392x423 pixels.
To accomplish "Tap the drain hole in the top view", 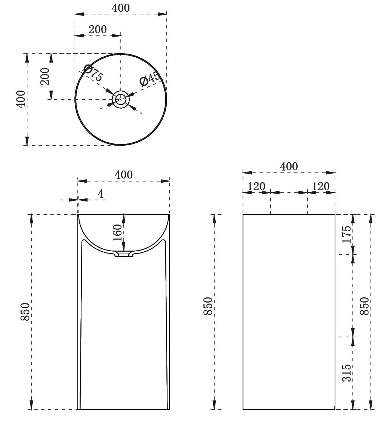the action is click(x=121, y=100).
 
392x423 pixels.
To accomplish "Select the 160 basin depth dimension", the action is click(x=117, y=232).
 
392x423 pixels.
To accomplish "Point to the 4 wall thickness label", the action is click(x=101, y=194).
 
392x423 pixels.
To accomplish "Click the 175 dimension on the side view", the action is click(x=347, y=234).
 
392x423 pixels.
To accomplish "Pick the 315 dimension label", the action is click(x=347, y=373).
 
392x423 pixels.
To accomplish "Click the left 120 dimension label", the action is click(x=256, y=186).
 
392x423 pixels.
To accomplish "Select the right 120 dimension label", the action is click(x=321, y=186).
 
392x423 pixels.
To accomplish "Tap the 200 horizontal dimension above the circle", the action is click(x=98, y=29).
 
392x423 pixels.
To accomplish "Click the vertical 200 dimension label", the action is click(x=45, y=76).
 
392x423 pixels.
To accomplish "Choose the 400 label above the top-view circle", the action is click(x=121, y=8).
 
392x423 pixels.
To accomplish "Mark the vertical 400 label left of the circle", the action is click(x=21, y=99).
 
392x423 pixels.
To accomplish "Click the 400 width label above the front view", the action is click(x=124, y=175).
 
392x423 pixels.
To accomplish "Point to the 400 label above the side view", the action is click(x=289, y=166).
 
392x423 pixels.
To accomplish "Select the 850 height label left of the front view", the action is click(x=25, y=312).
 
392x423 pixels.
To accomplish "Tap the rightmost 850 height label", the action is click(x=364, y=306).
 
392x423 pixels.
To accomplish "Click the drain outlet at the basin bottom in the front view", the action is click(x=124, y=254).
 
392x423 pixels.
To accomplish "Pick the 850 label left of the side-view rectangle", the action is click(x=208, y=306).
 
